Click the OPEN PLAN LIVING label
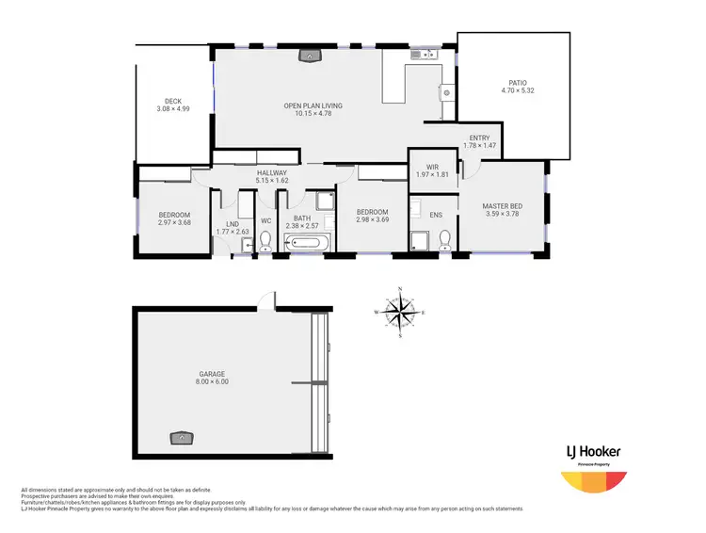[x=313, y=105]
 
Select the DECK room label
[x=173, y=101]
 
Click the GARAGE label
[x=212, y=374]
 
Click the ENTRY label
[x=479, y=137]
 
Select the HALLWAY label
[x=272, y=172]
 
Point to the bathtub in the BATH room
[x=306, y=243]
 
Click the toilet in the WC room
[x=265, y=242]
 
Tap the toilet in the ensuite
[x=443, y=239]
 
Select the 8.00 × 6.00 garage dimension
[x=212, y=382]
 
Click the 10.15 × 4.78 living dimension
[x=313, y=114]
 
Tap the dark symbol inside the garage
[x=179, y=437]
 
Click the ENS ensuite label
[x=436, y=215]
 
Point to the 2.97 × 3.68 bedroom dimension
[x=174, y=222]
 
